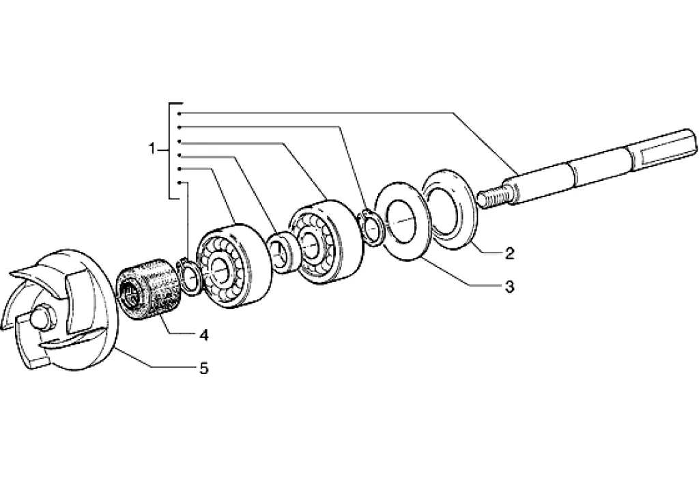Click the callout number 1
152,149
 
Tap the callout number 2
509,253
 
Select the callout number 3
509,286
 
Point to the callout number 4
203,335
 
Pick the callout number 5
203,368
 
